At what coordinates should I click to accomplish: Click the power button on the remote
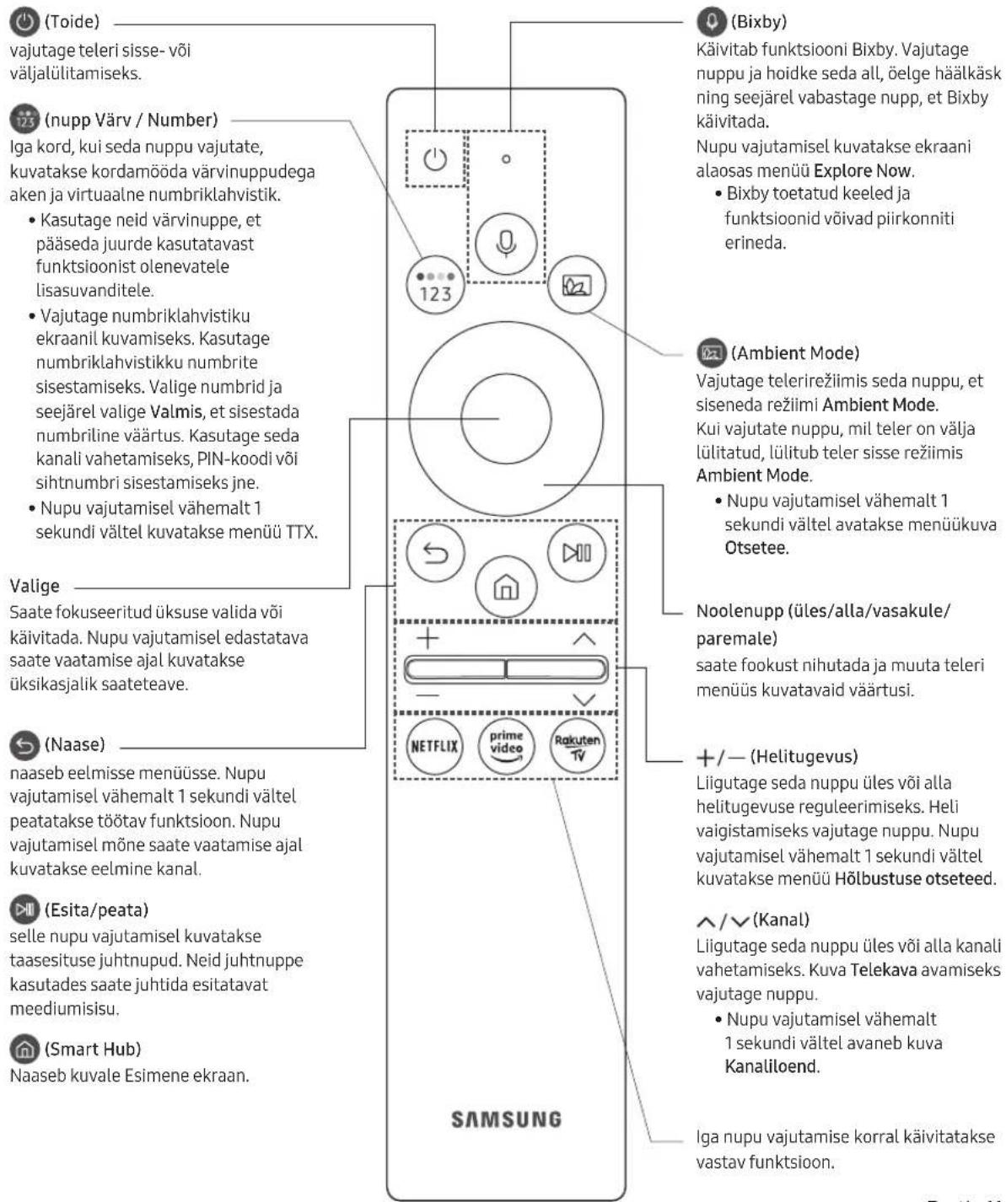(x=435, y=158)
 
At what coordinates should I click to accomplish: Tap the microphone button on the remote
(x=506, y=243)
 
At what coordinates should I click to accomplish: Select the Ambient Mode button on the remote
(x=577, y=284)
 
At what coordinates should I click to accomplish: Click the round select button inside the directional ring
(x=506, y=419)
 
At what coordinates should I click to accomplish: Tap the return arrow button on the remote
(x=435, y=553)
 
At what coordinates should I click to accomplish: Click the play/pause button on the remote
(x=577, y=553)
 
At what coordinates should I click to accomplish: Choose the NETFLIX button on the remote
(x=434, y=746)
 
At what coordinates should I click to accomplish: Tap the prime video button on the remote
(x=506, y=746)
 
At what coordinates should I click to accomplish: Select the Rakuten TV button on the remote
(x=578, y=746)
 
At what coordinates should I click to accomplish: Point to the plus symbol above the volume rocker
(x=428, y=638)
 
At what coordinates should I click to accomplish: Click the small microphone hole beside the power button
(x=506, y=158)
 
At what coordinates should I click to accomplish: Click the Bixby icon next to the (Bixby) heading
(x=712, y=22)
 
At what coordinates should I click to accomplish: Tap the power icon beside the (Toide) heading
(x=24, y=22)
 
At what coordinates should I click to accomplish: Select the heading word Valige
(x=35, y=586)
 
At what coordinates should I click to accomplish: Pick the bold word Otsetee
(x=756, y=547)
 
